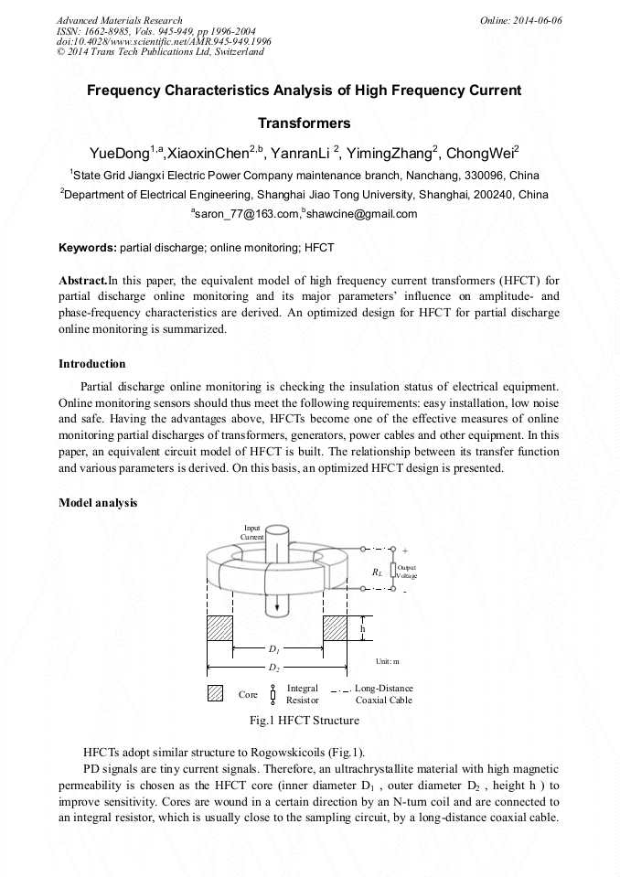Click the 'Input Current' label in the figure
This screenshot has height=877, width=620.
pyautogui.click(x=251, y=532)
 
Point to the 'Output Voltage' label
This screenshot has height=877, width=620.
pyautogui.click(x=407, y=571)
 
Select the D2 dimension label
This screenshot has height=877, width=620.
pyautogui.click(x=273, y=667)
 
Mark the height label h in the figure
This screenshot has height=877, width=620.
pyautogui.click(x=362, y=629)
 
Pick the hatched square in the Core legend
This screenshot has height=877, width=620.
pyautogui.click(x=216, y=693)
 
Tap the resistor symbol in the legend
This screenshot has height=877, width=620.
pyautogui.click(x=273, y=693)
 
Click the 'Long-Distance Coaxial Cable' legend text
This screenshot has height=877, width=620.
pyautogui.click(x=383, y=693)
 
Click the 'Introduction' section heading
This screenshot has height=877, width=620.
pyautogui.click(x=91, y=364)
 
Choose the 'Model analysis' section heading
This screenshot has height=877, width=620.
pyautogui.click(x=98, y=502)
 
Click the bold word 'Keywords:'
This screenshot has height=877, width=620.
pyautogui.click(x=88, y=248)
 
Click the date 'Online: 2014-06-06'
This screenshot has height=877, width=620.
pyautogui.click(x=520, y=20)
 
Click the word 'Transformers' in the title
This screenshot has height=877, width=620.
pyautogui.click(x=304, y=123)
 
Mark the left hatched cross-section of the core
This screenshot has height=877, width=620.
pyautogui.click(x=220, y=628)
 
